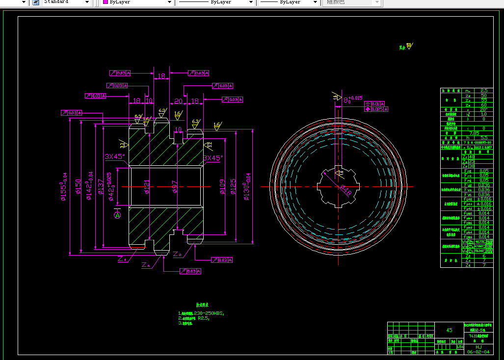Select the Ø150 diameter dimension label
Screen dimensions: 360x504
click(x=78, y=187)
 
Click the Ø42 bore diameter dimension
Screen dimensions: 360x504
click(x=111, y=187)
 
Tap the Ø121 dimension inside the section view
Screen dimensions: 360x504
click(x=147, y=187)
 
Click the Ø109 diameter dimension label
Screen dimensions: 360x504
click(x=223, y=187)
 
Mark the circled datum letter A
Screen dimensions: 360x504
click(x=117, y=215)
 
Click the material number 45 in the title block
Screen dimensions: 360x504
click(x=449, y=330)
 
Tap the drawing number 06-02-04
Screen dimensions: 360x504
click(x=478, y=352)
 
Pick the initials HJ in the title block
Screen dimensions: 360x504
click(x=478, y=347)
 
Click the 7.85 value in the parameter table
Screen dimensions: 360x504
click(x=475, y=133)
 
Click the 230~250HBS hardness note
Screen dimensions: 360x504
click(x=209, y=313)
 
